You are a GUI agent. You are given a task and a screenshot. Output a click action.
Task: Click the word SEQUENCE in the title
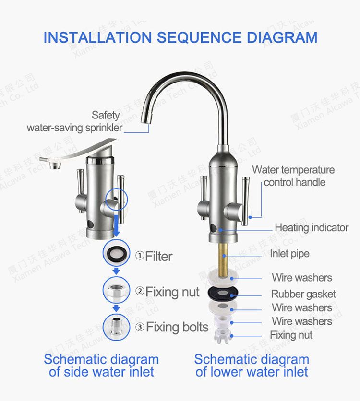pyautogui.click(x=199, y=37)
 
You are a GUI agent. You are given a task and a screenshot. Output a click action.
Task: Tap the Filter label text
pyautogui.click(x=158, y=256)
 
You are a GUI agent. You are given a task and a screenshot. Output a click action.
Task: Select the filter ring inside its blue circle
pyautogui.click(x=116, y=253)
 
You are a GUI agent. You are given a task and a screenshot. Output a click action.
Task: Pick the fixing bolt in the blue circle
pyautogui.click(x=117, y=327)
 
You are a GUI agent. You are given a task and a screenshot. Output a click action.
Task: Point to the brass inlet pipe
pyautogui.click(x=223, y=258)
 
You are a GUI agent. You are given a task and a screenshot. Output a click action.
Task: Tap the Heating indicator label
pyautogui.click(x=312, y=227)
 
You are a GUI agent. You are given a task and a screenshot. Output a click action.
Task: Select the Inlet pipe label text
pyautogui.click(x=289, y=254)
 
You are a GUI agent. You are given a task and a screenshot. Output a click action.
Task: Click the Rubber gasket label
pyautogui.click(x=303, y=294)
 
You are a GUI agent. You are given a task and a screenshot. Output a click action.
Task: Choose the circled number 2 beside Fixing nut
pyautogui.click(x=140, y=291)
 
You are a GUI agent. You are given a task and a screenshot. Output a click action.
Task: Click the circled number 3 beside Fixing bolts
pyautogui.click(x=140, y=327)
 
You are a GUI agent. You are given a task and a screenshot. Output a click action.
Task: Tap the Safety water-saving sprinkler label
pyautogui.click(x=75, y=121)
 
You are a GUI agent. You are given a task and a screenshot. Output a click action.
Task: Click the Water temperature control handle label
pyautogui.click(x=293, y=176)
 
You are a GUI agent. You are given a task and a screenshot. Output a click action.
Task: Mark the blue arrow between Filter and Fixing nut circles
pyautogui.click(x=117, y=271)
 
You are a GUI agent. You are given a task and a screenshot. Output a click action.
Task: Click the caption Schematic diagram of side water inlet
pyautogui.click(x=101, y=366)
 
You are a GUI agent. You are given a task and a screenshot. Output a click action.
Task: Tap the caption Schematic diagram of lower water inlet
pyautogui.click(x=252, y=366)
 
